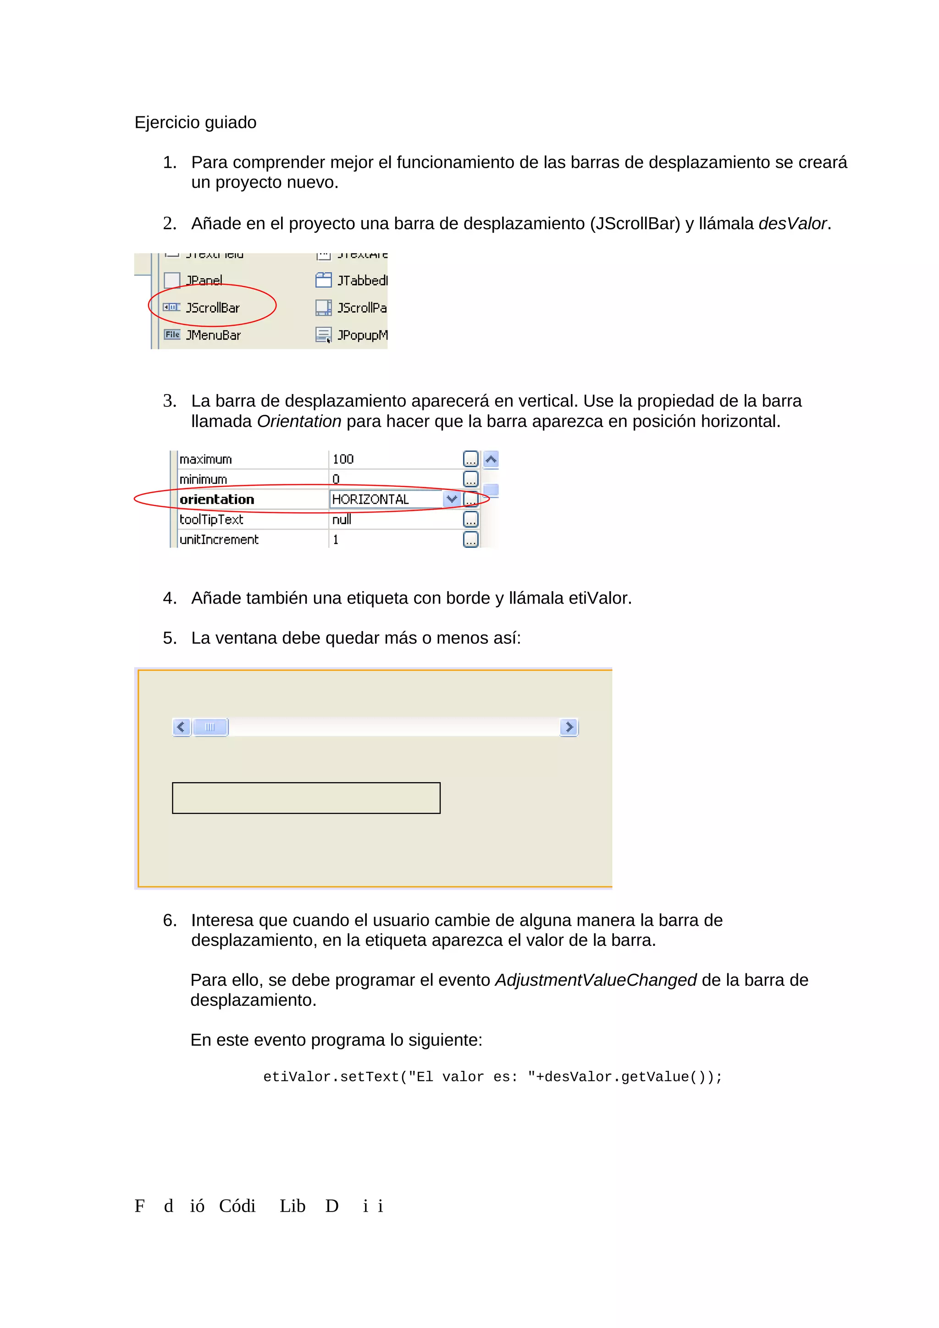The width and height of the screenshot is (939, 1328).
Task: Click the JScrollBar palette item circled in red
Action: click(212, 307)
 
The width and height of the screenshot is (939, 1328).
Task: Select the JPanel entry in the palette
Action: click(204, 280)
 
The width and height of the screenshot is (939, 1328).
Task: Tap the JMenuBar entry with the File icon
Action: click(212, 335)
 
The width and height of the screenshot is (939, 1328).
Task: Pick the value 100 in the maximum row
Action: click(343, 459)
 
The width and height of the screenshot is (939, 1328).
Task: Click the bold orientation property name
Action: click(216, 499)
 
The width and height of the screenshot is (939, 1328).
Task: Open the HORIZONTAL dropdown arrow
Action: click(451, 499)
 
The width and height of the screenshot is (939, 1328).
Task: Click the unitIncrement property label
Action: click(219, 540)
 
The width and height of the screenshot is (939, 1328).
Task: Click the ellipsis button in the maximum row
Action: click(470, 459)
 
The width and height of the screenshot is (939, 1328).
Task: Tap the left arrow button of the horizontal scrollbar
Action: click(181, 727)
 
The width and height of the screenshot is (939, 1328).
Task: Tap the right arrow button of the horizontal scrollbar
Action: click(569, 727)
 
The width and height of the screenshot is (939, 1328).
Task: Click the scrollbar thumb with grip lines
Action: click(210, 727)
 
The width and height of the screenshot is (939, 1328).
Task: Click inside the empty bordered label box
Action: click(306, 798)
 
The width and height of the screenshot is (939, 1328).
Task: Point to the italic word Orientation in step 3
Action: click(298, 422)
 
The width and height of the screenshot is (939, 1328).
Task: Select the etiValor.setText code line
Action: click(492, 1077)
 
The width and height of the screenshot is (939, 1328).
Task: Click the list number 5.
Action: click(168, 638)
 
